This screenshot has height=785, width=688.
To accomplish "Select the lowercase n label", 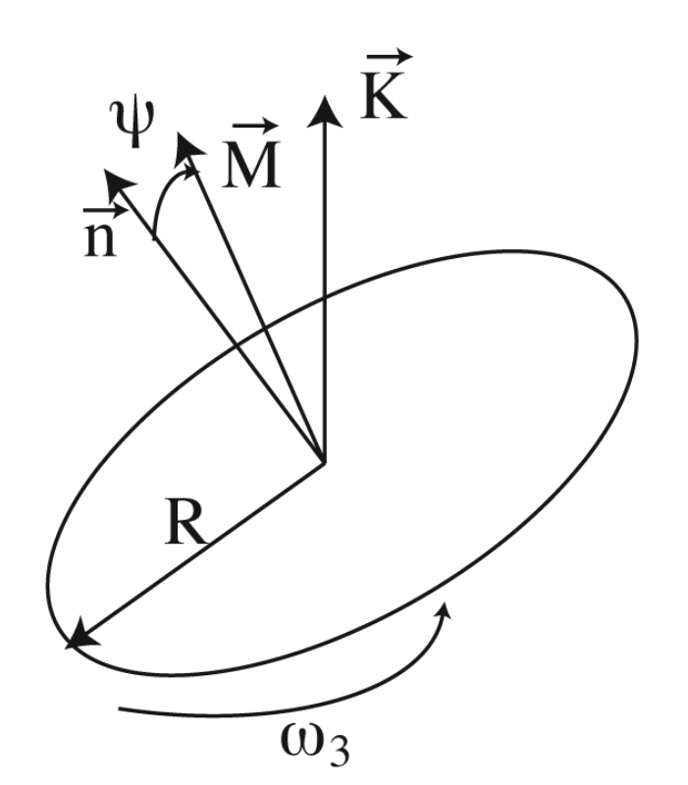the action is [100, 239].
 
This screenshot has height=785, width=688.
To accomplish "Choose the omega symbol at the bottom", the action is [301, 740].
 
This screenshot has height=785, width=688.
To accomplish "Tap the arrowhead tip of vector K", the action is [326, 95].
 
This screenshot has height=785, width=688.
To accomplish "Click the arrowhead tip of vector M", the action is [179, 132].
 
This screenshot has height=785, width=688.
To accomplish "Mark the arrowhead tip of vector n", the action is [104, 170].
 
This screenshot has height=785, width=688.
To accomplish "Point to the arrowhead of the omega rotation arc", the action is [445, 602].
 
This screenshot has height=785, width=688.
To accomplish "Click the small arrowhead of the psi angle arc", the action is [195, 169].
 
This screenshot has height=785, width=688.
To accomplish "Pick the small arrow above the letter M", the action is [256, 126].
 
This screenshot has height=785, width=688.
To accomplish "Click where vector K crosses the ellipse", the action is [326, 297].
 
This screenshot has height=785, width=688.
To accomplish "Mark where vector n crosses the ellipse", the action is [237, 345].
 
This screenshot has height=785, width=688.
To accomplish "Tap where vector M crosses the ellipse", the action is [264, 329].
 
